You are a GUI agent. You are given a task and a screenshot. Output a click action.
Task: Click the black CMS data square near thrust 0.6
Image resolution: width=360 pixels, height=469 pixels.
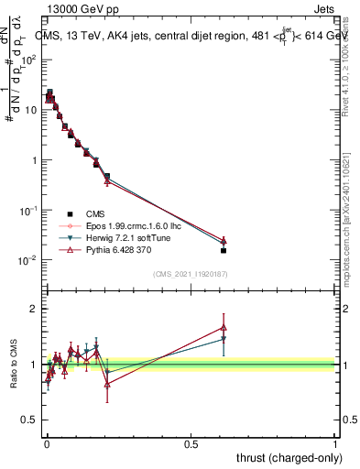click(224, 250)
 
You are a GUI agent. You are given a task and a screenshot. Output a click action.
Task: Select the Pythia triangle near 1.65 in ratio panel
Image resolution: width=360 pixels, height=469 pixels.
click(224, 327)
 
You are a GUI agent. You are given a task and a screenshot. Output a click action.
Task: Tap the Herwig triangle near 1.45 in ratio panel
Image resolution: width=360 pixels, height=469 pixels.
click(224, 339)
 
